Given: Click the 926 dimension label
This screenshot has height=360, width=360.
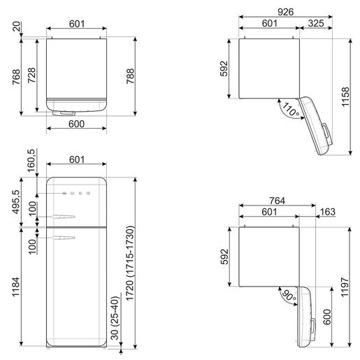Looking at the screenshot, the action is pos(286,12).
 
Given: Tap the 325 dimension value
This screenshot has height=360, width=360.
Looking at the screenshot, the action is pos(316,23).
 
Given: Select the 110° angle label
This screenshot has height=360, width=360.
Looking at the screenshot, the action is pos(291,109).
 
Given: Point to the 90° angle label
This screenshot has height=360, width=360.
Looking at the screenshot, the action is pos(289,296).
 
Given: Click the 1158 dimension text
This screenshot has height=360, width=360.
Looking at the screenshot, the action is pos(345,96).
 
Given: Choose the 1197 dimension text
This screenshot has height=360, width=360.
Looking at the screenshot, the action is pos(345,287).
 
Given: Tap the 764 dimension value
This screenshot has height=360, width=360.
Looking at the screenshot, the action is pos(278,201).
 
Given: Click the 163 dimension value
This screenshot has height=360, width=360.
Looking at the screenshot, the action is pos(328,212).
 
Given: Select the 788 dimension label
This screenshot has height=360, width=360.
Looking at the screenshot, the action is pos(131,76).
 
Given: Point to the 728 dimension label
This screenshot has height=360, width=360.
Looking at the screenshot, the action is pos(31,75).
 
